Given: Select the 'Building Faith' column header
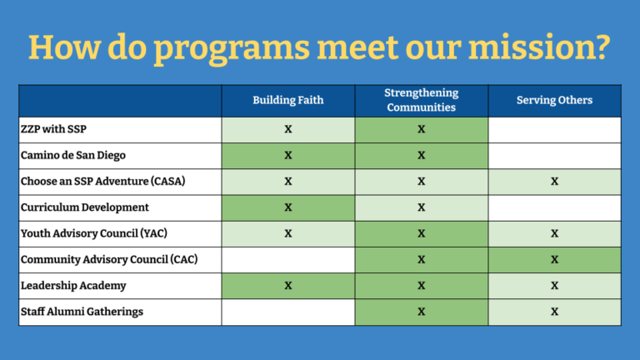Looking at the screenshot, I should (288, 101).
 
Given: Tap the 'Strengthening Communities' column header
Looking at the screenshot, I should (421, 100).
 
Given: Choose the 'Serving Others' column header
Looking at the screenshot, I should (554, 101).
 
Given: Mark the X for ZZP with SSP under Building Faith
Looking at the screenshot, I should (288, 129).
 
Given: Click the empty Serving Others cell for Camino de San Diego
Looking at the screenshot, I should (554, 155).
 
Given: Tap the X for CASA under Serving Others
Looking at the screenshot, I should (554, 181).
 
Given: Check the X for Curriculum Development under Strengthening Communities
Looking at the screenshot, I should (421, 207).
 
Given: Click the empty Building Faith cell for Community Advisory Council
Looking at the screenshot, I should (288, 259).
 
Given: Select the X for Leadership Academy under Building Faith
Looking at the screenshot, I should (288, 286).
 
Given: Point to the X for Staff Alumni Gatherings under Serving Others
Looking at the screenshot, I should (554, 312).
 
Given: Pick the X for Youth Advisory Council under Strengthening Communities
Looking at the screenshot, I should (421, 233).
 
